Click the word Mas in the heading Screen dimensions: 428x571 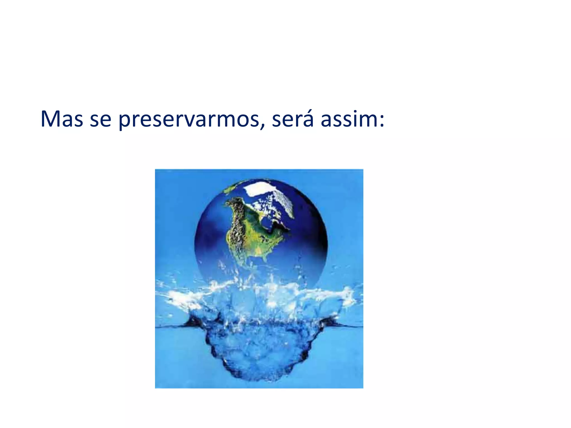click(x=62, y=119)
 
